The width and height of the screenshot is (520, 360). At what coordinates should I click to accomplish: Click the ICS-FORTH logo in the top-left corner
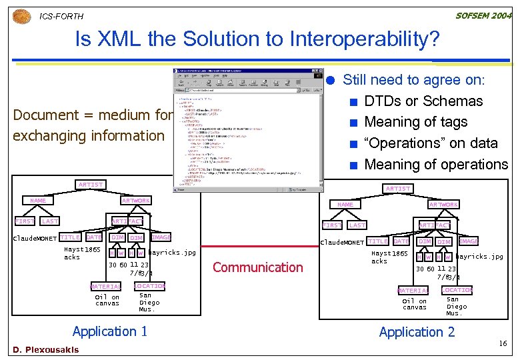tap(22, 15)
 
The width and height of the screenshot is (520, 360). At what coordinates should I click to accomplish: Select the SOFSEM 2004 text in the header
tap(483, 15)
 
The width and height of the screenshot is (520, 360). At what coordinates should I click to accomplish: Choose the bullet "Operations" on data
tap(431, 143)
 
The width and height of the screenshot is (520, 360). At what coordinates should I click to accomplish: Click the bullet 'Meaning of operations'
tap(436, 164)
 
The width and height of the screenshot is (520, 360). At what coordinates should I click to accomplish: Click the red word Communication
tap(258, 267)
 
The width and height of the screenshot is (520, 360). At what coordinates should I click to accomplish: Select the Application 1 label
tap(109, 331)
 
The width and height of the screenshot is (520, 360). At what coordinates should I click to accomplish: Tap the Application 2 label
tap(417, 332)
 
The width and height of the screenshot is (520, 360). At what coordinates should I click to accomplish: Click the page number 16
tap(503, 343)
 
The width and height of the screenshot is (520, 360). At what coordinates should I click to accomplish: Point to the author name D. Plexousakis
tap(45, 349)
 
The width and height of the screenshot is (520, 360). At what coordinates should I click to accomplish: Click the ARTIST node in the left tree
tap(90, 185)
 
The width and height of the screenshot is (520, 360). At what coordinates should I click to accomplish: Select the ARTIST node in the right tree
tap(398, 189)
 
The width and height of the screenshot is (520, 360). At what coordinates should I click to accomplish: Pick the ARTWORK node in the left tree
tap(135, 200)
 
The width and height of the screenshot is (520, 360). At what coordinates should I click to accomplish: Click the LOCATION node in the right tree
tap(457, 290)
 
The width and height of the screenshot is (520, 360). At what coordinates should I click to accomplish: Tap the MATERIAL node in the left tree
tap(106, 287)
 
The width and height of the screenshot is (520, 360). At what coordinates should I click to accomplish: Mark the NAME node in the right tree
tap(345, 205)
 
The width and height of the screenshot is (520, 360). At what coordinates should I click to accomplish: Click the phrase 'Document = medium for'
tap(93, 115)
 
